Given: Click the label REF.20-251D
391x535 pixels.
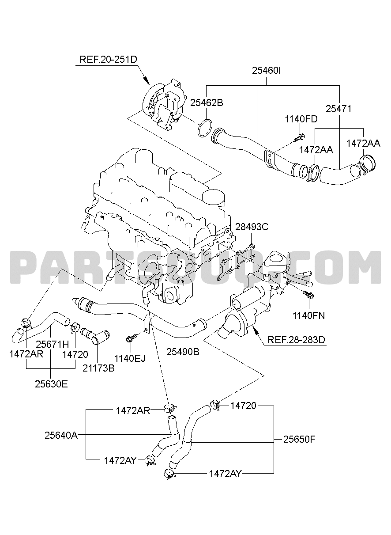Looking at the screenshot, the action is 109,59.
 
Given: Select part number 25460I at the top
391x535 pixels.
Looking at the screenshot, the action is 267,71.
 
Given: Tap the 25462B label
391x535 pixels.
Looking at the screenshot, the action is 207,103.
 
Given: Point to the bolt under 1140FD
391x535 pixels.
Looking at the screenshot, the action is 300,137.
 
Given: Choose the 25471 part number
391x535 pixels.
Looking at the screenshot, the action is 339,109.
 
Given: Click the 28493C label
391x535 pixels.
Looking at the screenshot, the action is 252,227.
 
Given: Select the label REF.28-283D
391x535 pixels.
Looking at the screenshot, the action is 296,340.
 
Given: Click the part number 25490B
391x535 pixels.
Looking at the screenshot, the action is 183,352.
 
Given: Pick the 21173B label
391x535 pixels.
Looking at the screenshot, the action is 99,368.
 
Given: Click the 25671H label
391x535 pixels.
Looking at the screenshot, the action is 53,344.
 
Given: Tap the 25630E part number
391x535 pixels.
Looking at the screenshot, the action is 52,384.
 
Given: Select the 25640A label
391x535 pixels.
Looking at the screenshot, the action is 61,435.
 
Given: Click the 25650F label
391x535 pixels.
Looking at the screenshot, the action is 299,439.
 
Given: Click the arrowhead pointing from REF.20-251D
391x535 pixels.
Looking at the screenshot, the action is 147,81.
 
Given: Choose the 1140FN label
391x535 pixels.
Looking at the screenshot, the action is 309,316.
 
